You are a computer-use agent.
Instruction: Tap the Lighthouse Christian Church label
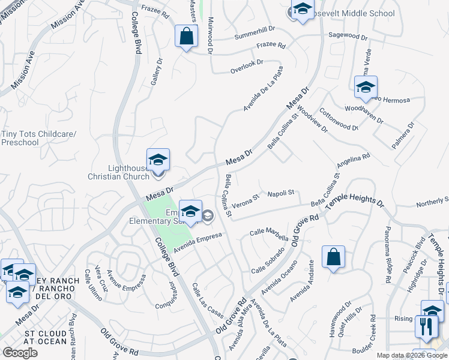point(118,172)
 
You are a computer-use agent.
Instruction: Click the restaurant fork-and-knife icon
point(426,328)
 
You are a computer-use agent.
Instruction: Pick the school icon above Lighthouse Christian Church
point(158,160)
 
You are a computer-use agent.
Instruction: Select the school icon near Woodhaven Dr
point(365,87)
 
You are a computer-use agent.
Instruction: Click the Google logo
point(20,353)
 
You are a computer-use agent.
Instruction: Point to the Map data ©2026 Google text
point(412,355)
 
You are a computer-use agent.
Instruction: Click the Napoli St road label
point(280,193)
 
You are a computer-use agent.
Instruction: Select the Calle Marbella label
point(265,232)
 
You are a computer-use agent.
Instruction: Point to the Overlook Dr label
point(247,67)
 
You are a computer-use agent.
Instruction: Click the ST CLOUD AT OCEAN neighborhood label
point(46,337)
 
